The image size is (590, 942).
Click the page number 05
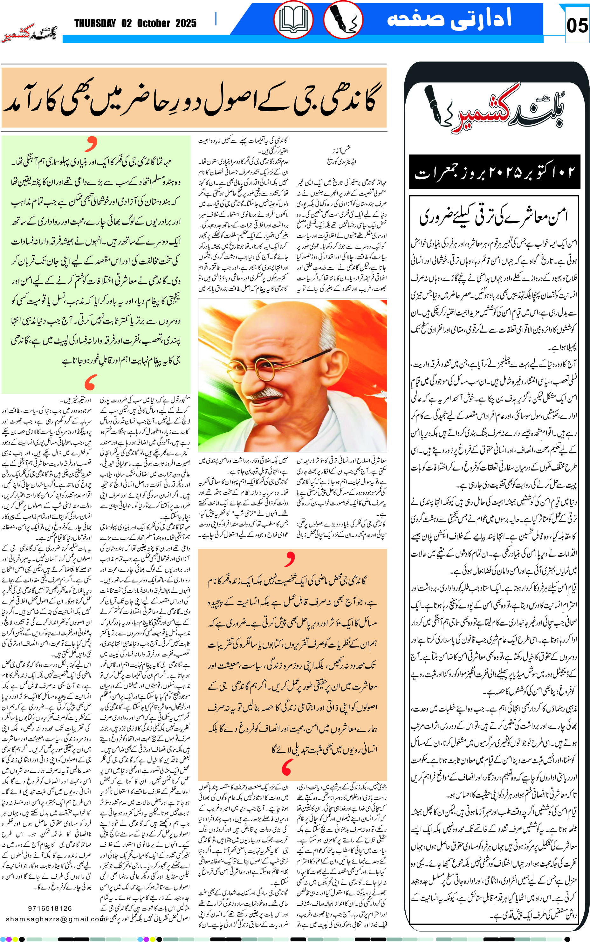pyautogui.click(x=577, y=26)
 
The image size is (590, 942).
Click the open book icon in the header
pyautogui.click(x=293, y=19)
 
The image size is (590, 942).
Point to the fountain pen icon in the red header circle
pyautogui.click(x=343, y=19)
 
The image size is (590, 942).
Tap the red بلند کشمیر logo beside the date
pyautogui.click(x=30, y=34)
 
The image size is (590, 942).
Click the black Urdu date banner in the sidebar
pyautogui.click(x=494, y=172)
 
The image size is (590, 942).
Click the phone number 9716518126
pyautogui.click(x=50, y=908)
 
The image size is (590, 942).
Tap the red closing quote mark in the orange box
pyautogui.click(x=287, y=767)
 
